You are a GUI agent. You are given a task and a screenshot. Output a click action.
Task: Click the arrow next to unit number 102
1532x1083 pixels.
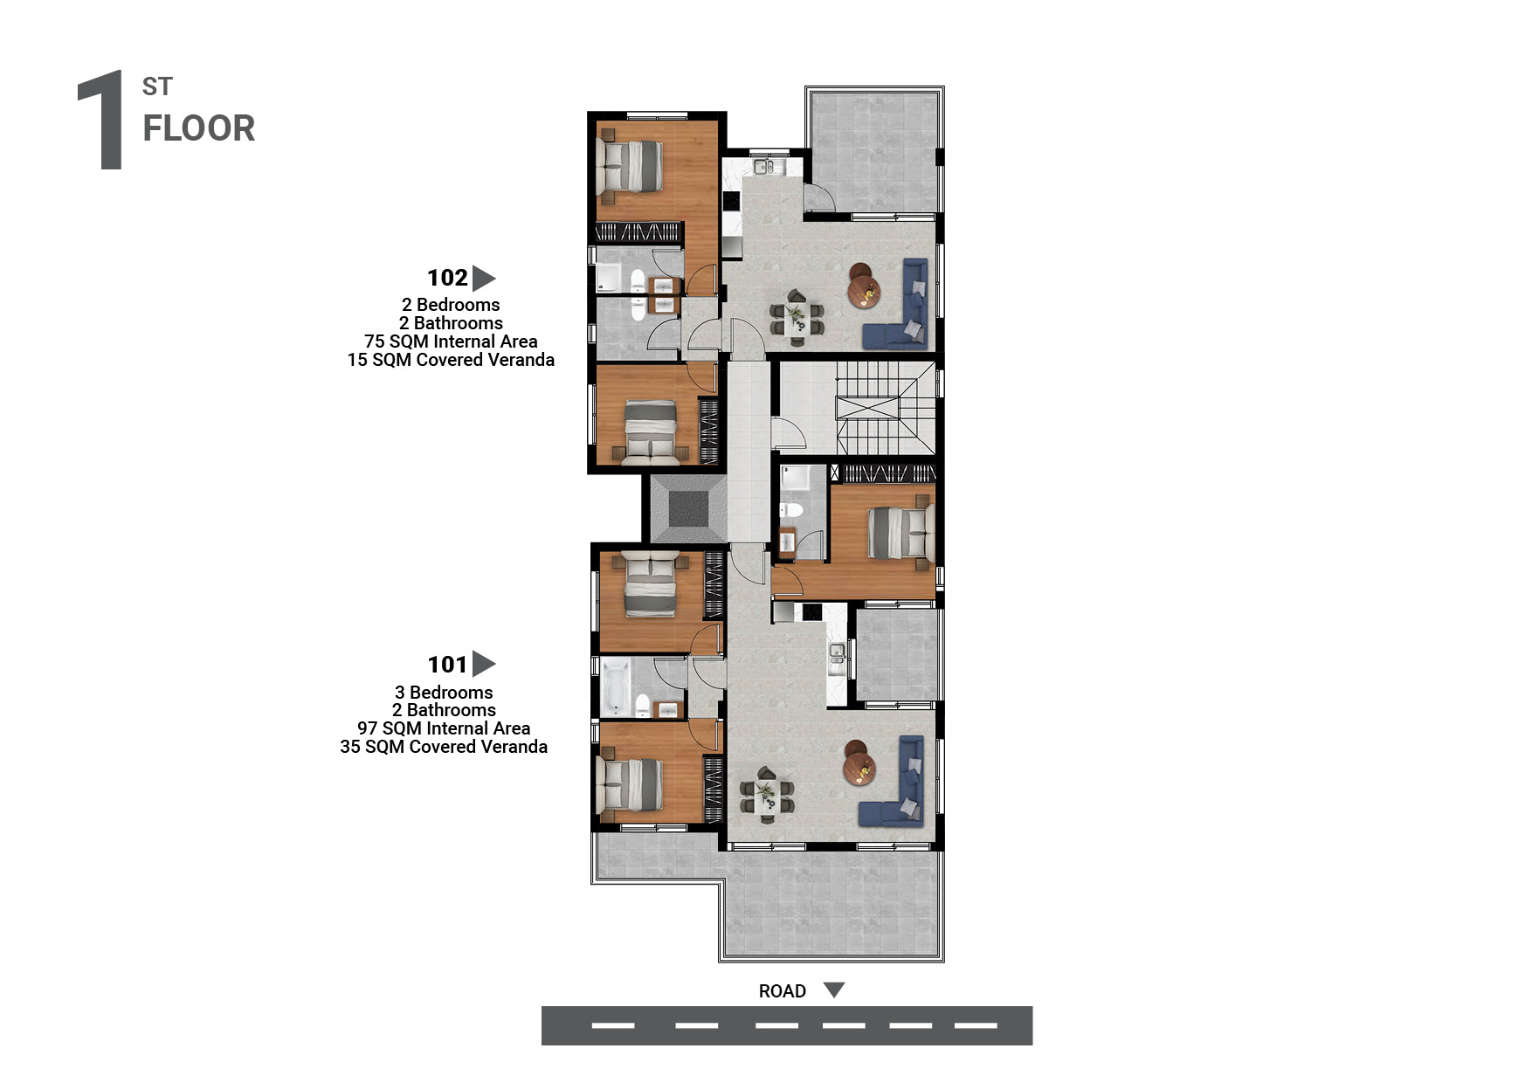[483, 278]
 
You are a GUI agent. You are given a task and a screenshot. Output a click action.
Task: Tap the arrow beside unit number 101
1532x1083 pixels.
[483, 664]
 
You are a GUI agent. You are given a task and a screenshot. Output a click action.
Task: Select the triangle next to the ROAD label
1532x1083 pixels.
[834, 990]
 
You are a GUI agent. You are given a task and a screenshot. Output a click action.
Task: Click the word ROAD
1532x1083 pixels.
[782, 991]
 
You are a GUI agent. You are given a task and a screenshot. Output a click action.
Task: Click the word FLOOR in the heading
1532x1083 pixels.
[199, 128]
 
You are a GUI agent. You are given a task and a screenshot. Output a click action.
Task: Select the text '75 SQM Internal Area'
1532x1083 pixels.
[451, 341]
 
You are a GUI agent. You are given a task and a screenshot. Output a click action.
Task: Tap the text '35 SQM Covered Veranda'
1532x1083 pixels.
[444, 747]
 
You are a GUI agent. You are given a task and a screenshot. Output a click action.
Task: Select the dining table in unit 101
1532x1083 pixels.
[767, 796]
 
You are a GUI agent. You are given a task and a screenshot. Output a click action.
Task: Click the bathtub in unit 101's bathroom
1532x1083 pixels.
[615, 687]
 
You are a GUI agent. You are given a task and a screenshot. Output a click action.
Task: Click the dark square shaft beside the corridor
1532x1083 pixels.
[689, 508]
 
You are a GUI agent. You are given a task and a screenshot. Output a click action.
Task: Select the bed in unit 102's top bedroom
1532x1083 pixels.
[630, 167]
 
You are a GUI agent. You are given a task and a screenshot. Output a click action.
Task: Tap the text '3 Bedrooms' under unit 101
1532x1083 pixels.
[444, 693]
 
